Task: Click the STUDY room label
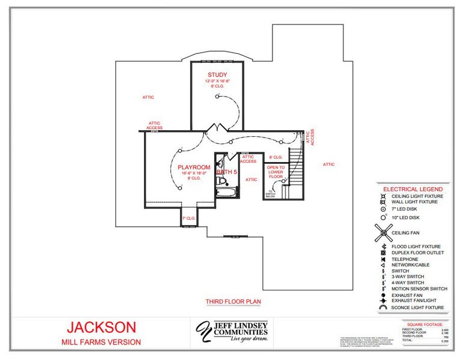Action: point(213,74)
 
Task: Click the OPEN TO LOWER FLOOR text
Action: point(276,172)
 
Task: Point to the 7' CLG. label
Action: point(188,218)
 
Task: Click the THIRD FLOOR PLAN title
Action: point(233,301)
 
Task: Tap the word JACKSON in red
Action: point(101,328)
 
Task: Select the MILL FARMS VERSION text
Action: point(101,342)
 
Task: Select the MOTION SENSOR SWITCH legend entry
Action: point(419,289)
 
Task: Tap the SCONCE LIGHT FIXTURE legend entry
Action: point(417,307)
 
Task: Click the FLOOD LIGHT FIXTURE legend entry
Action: point(415,247)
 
